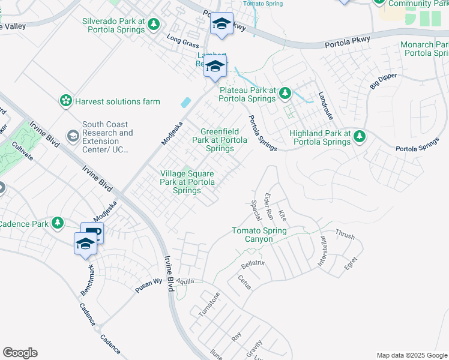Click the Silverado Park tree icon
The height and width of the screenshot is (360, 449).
[x=155, y=24]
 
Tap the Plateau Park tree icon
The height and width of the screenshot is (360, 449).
[x=286, y=92]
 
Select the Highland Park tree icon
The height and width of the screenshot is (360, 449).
[x=360, y=137]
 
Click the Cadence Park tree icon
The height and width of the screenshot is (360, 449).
[x=58, y=223]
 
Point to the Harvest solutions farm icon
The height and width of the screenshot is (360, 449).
[x=65, y=101]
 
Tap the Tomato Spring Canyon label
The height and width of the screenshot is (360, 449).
[x=259, y=235]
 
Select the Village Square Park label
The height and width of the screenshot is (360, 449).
[x=187, y=182]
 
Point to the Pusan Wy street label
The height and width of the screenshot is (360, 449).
[x=149, y=284]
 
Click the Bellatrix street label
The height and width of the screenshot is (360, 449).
[x=253, y=264]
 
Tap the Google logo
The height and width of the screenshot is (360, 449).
[x=20, y=353]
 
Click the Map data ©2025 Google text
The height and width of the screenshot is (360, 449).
[x=411, y=355]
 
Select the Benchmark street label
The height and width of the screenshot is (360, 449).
[x=88, y=279]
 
